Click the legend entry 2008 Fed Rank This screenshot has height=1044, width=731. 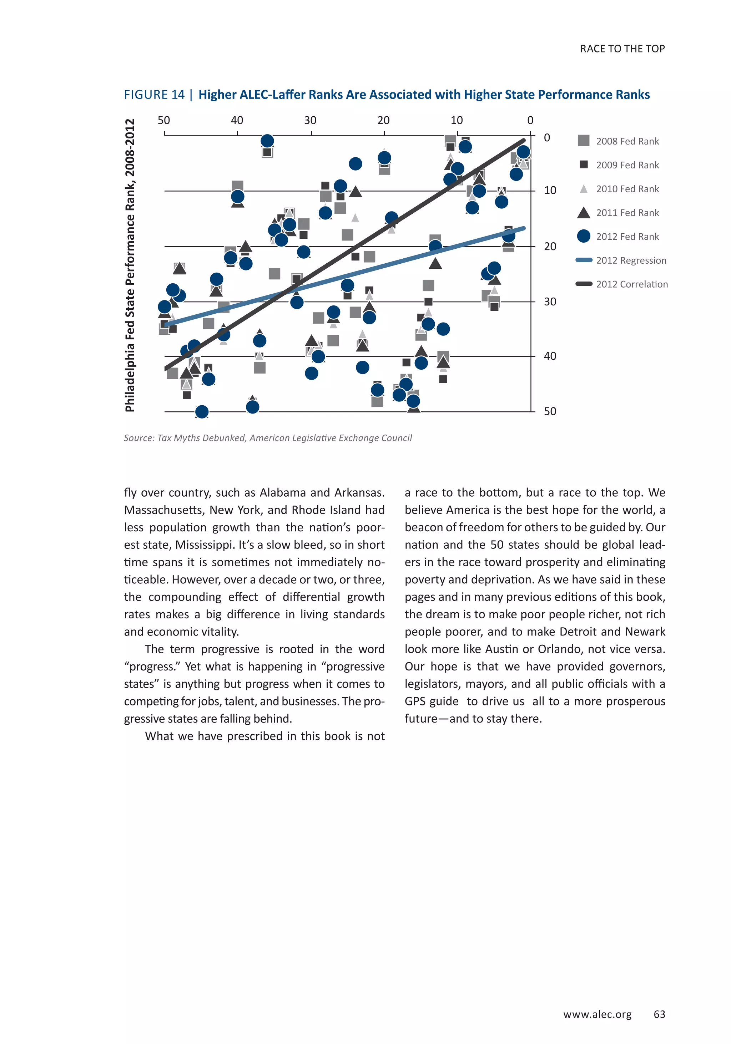point(626,141)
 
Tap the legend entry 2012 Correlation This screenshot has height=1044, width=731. point(631,284)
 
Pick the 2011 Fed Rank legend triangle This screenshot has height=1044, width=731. point(583,213)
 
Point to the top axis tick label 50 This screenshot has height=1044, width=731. point(164,121)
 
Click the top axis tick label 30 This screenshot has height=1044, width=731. point(310,121)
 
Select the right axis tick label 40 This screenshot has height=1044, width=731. point(550,356)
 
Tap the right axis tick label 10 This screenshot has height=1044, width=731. point(550,191)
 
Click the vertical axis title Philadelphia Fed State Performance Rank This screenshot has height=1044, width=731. point(130,265)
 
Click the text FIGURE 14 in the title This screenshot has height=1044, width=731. point(154,95)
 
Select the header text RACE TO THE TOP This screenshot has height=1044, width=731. point(622,49)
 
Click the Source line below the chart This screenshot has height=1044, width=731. point(267,438)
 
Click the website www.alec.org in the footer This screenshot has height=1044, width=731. point(597,1014)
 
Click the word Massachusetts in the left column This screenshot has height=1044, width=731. point(163,510)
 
